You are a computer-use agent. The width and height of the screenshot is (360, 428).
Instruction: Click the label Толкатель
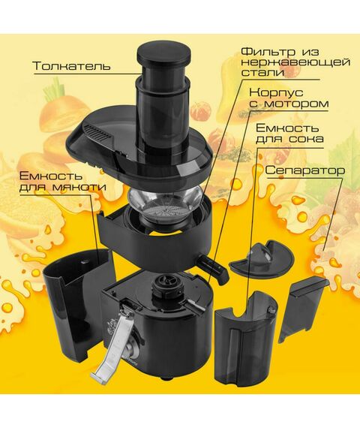[71, 66]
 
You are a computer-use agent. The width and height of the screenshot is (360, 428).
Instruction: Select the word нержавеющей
[296, 62]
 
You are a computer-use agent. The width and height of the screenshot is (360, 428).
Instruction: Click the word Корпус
[276, 92]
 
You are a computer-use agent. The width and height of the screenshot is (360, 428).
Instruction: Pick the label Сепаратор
[305, 170]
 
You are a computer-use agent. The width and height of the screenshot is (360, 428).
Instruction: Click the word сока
[306, 139]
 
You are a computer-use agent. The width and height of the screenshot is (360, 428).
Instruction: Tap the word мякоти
[79, 188]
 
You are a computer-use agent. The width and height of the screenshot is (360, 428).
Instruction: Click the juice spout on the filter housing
[212, 268]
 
